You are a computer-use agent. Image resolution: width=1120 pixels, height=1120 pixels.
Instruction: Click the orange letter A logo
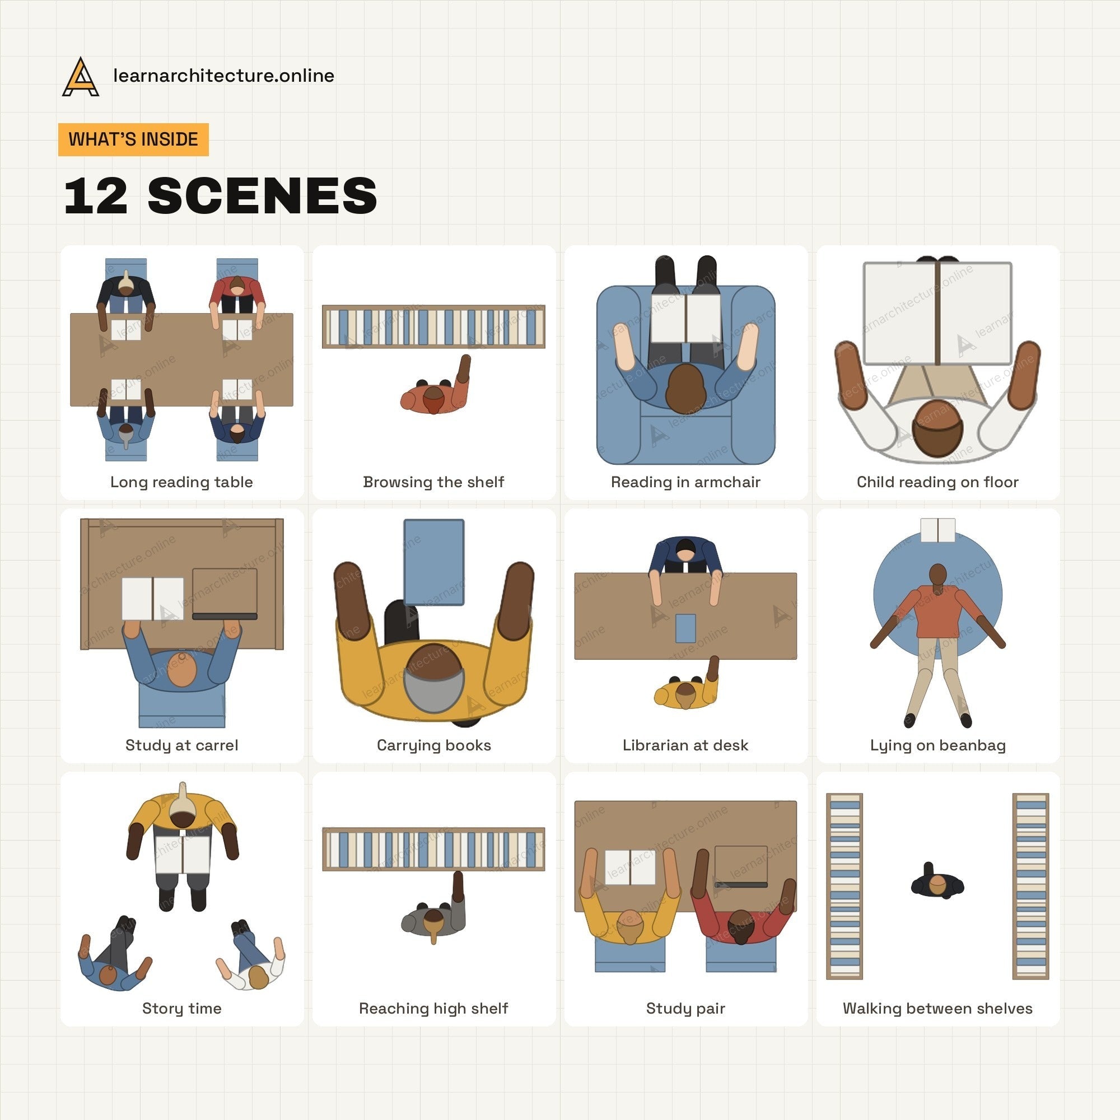(80, 77)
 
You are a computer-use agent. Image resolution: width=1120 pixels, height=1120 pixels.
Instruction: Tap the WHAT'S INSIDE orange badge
(133, 139)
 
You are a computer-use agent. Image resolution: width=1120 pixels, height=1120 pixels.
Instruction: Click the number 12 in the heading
(96, 196)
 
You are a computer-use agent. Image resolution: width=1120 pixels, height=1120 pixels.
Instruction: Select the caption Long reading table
(181, 482)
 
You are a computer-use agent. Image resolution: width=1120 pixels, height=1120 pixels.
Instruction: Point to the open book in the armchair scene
(686, 317)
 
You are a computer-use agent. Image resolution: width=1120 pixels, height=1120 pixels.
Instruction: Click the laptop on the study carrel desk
(225, 594)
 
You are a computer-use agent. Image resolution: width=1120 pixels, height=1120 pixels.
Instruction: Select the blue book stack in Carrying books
(433, 562)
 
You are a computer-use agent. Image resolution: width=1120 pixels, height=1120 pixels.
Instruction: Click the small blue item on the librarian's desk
(685, 628)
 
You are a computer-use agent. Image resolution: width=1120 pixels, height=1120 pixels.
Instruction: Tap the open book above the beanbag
(937, 530)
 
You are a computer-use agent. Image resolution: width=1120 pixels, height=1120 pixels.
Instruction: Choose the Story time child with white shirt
(250, 954)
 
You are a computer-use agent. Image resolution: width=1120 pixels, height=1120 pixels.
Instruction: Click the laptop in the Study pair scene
(741, 866)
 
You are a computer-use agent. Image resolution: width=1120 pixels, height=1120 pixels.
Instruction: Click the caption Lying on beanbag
(937, 745)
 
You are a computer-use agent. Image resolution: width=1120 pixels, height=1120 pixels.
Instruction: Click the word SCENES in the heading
(263, 196)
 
